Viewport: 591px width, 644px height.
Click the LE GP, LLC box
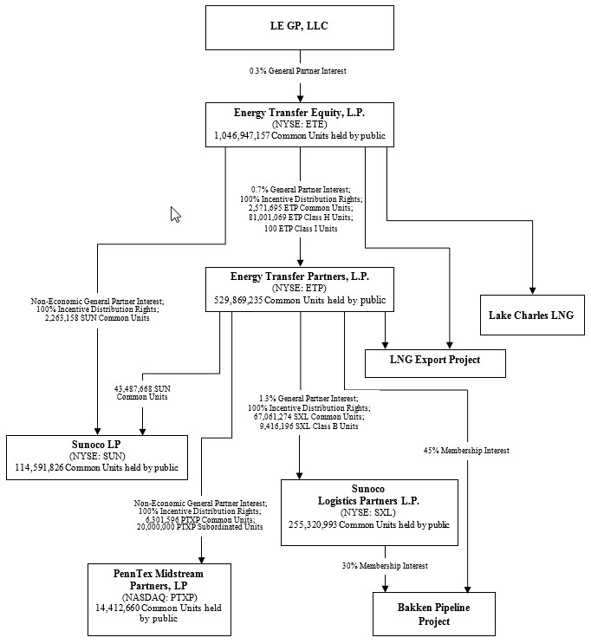[300, 27]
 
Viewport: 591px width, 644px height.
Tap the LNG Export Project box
[434, 360]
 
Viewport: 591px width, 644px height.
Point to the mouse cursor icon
[175, 214]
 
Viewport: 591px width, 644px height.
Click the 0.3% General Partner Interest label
[300, 70]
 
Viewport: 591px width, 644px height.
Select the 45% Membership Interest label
[465, 451]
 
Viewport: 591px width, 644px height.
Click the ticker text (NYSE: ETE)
[300, 124]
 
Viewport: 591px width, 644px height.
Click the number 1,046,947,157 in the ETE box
[250, 136]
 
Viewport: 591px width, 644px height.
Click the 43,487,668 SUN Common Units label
[142, 392]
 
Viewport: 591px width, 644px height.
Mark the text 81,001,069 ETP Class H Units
[300, 219]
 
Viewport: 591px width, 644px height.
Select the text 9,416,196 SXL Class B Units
[308, 426]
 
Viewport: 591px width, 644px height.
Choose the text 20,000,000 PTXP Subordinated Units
[200, 527]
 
